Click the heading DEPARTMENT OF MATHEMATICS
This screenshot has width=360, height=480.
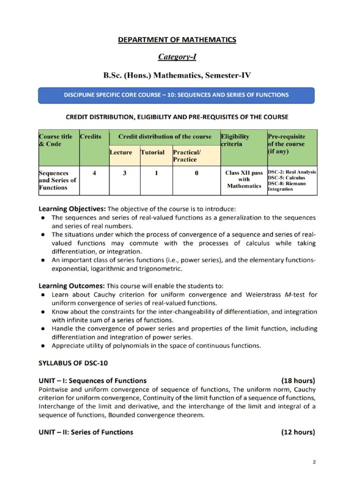[177, 40]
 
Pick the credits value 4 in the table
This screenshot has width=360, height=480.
[95, 172]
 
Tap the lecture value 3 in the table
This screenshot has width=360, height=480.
[124, 172]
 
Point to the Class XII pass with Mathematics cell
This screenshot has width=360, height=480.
[244, 180]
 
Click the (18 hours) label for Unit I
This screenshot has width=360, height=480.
[298, 380]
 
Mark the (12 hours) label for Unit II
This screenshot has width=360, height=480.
[298, 432]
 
